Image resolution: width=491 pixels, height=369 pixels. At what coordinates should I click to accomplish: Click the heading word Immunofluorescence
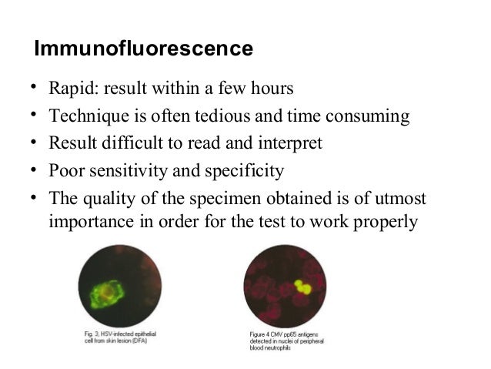point(144,49)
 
